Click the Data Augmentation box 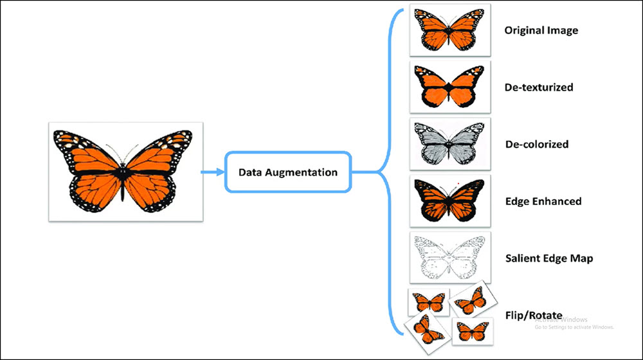pyautogui.click(x=287, y=172)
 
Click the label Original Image pyautogui.click(x=541, y=30)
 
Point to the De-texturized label pyautogui.click(x=538, y=87)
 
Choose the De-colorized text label pyautogui.click(x=536, y=144)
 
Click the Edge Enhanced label pyautogui.click(x=543, y=201)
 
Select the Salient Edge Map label pyautogui.click(x=548, y=258)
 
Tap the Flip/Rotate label pyautogui.click(x=534, y=315)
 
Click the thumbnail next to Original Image pyautogui.click(x=449, y=30)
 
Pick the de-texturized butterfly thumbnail pyautogui.click(x=449, y=87)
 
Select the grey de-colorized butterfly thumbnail pyautogui.click(x=449, y=143)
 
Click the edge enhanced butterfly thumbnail pyautogui.click(x=449, y=201)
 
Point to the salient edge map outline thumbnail pyautogui.click(x=449, y=257)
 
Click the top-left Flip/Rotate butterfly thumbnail pyautogui.click(x=428, y=301)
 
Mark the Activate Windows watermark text pyautogui.click(x=566, y=319)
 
